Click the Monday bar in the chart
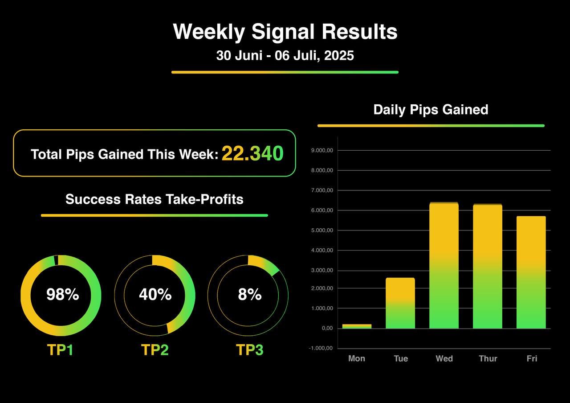pos(357,326)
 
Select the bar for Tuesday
pos(400,303)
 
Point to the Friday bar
pos(531,272)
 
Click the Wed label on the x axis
pos(444,358)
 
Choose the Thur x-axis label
pos(488,358)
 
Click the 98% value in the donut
pos(62,295)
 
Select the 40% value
pos(155,295)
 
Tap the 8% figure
pos(249,295)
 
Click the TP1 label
pos(60,350)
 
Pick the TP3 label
pos(249,350)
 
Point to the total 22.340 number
pos(252,154)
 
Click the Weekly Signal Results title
pos(285,32)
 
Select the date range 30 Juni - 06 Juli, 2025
pos(285,56)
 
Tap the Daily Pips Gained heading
pos(431,110)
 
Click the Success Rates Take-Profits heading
pos(155,199)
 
